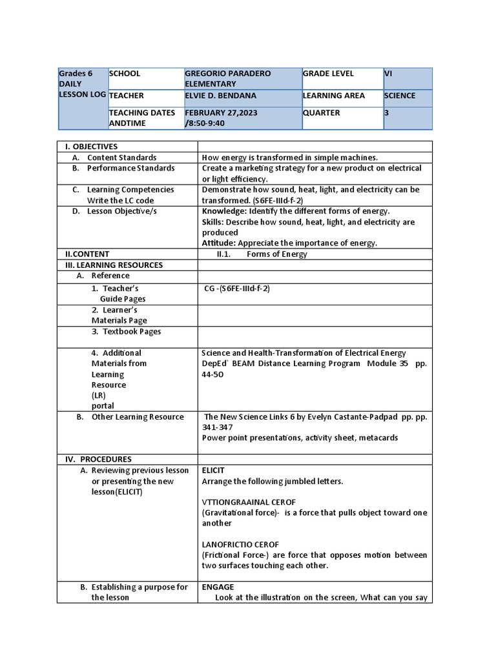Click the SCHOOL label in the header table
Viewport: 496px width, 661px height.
point(125,74)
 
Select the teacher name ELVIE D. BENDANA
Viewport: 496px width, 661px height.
point(220,96)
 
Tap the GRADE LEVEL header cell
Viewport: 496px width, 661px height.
point(328,74)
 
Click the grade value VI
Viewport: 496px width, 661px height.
point(388,74)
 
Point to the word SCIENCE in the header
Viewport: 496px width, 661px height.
point(400,96)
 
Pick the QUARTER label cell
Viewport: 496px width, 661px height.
point(322,112)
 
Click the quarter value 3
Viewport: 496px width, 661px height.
point(387,112)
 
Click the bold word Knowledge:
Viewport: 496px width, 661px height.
point(224,211)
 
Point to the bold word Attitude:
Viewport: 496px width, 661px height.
point(219,243)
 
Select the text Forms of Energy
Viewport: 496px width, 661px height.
point(276,254)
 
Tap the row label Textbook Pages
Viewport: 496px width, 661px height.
point(132,331)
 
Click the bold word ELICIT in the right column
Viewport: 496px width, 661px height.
point(213,470)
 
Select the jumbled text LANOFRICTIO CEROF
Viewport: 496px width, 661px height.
point(240,544)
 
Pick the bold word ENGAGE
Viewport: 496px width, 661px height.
point(218,587)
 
